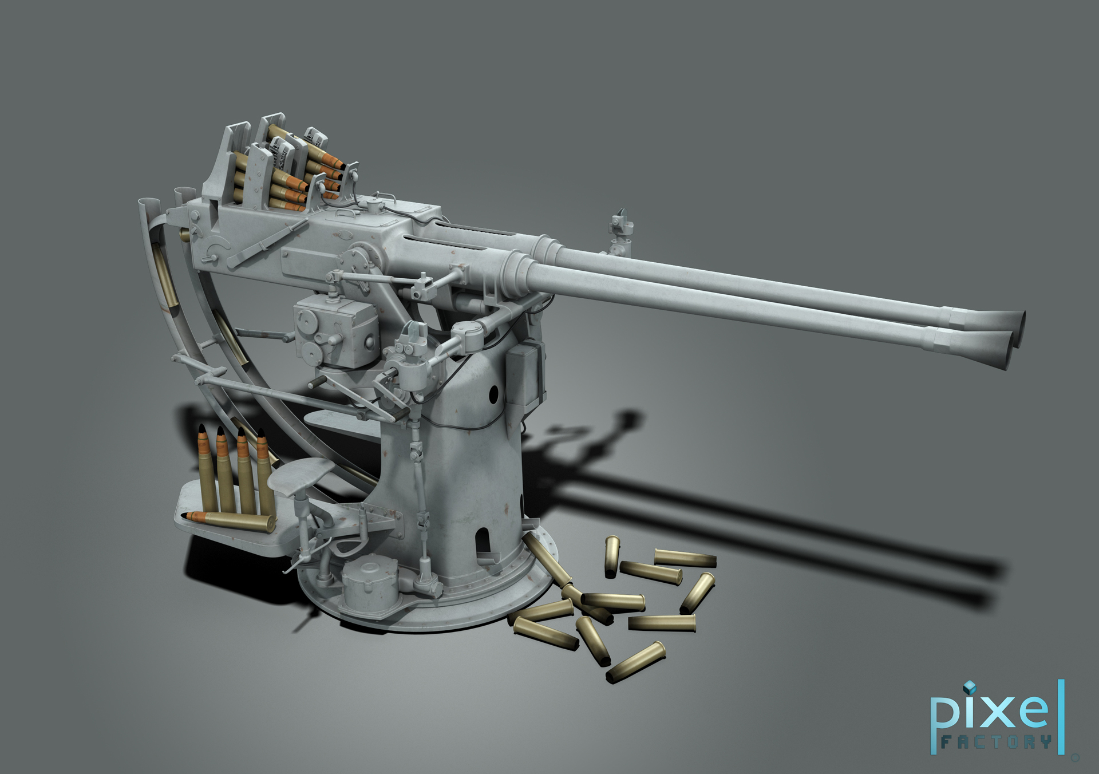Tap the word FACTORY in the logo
[996, 743]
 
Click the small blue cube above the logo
[968, 687]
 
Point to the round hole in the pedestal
[494, 393]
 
